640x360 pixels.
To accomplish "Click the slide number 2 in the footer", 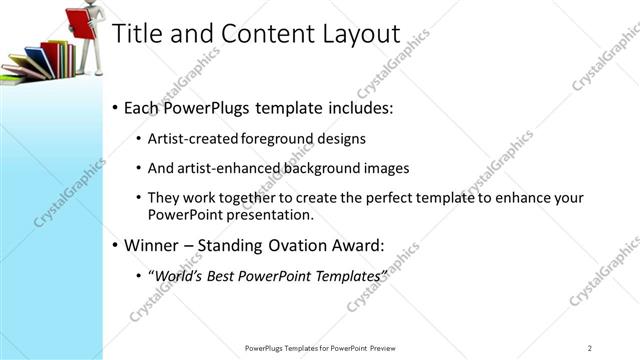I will coord(590,347).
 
